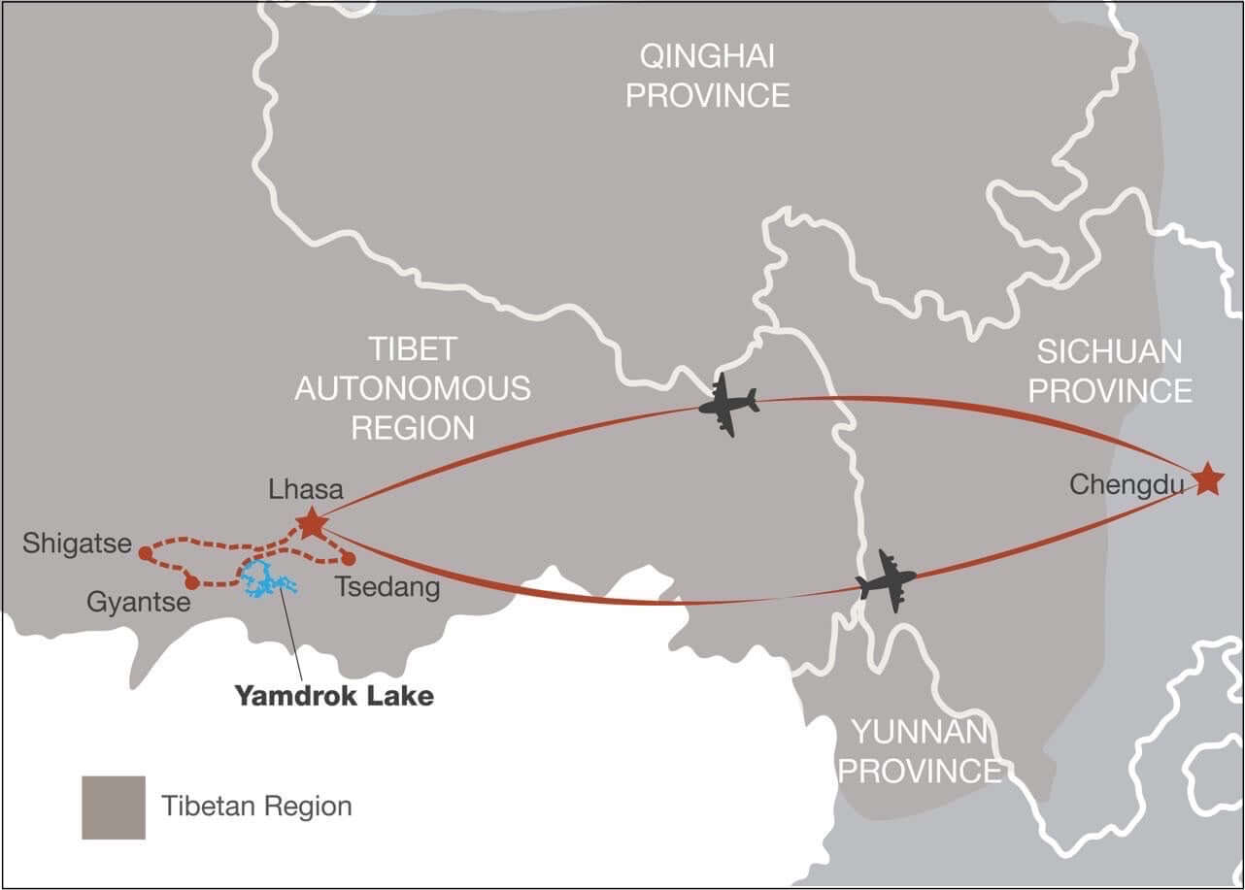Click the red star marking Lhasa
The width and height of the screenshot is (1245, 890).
pyautogui.click(x=311, y=523)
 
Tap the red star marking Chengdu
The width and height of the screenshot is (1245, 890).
pyautogui.click(x=1207, y=478)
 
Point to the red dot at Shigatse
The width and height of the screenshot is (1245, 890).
pyautogui.click(x=145, y=553)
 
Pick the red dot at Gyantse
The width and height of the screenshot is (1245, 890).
pyautogui.click(x=191, y=582)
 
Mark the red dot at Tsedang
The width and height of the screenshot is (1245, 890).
pyautogui.click(x=349, y=558)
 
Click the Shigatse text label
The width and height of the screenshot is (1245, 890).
pyautogui.click(x=77, y=544)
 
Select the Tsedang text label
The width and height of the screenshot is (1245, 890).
pyautogui.click(x=387, y=586)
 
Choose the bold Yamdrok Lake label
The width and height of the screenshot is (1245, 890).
pyautogui.click(x=333, y=695)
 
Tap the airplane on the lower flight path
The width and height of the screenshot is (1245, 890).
pyautogui.click(x=886, y=581)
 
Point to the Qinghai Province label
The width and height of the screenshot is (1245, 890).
pyautogui.click(x=707, y=76)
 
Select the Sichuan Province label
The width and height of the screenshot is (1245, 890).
pyautogui.click(x=1110, y=370)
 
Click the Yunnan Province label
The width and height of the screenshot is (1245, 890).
pyautogui.click(x=919, y=750)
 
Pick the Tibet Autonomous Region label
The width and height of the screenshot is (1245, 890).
pyautogui.click(x=413, y=388)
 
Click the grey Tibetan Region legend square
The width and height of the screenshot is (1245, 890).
pyautogui.click(x=114, y=807)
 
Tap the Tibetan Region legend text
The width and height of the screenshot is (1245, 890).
pyautogui.click(x=256, y=806)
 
